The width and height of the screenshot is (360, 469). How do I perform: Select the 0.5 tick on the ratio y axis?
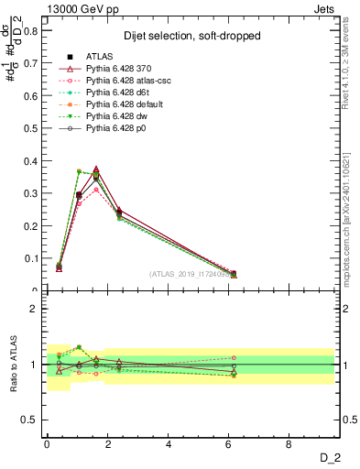point(28,420)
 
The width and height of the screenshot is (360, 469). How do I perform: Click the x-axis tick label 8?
point(289,444)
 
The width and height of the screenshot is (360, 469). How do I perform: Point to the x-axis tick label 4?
point(168,444)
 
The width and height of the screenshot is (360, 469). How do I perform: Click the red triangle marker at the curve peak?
point(96,169)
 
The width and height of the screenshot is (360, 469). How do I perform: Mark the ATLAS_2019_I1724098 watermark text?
point(191,274)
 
